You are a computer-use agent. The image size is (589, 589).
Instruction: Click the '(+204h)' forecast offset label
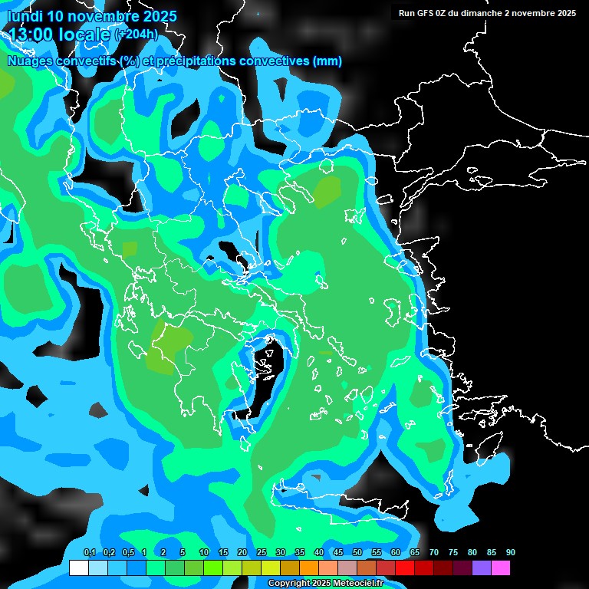point(137,35)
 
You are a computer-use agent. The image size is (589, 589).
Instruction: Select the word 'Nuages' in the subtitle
point(31,61)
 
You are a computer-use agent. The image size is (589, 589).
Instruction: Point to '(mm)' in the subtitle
point(327,61)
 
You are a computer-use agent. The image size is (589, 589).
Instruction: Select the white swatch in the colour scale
point(78,568)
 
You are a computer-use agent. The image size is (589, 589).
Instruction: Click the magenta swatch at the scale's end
point(500,568)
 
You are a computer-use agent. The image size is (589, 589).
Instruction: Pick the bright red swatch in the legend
point(404,568)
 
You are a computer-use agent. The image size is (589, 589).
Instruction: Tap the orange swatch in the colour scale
point(308,568)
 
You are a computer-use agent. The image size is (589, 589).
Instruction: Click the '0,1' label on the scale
point(89,553)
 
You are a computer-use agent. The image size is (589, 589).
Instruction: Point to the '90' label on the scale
point(510,553)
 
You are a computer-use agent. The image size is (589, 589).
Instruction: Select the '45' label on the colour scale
point(337,553)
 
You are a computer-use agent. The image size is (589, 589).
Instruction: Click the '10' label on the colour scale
point(203,553)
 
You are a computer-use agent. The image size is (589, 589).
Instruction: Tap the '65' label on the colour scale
point(414,553)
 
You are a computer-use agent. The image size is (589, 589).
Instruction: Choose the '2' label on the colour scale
point(163,553)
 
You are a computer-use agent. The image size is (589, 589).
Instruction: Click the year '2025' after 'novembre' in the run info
point(566,13)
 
